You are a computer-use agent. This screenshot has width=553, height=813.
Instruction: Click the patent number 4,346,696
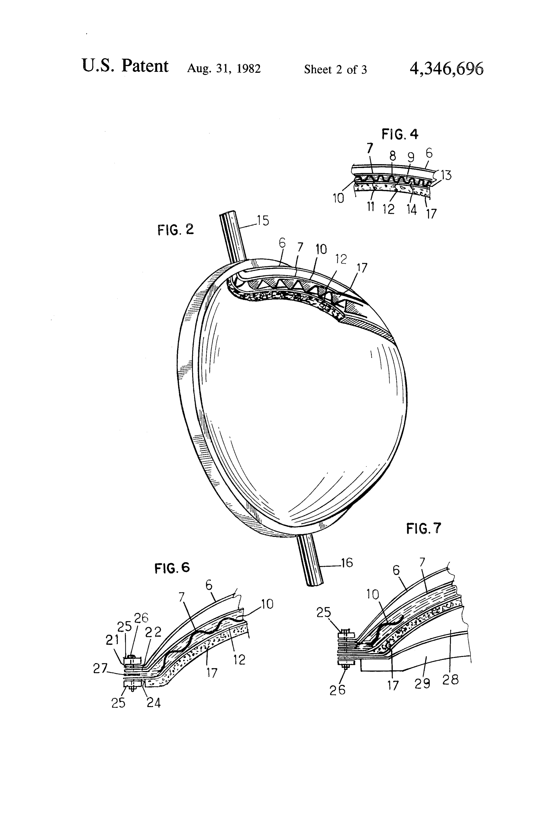[446, 68]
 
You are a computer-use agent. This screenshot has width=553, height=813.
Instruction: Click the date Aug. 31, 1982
[224, 68]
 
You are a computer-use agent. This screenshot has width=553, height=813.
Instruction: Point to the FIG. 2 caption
[175, 229]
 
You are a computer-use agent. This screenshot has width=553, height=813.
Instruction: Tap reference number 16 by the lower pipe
[346, 563]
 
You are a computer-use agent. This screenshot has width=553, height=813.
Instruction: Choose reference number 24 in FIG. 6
[154, 703]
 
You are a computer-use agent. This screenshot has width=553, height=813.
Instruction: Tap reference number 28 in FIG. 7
[451, 680]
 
